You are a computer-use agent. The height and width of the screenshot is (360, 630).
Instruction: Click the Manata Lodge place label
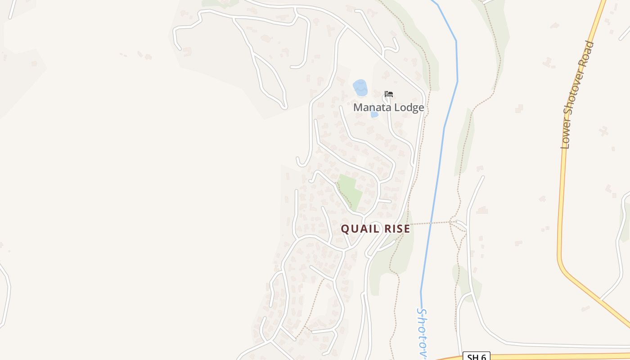click(388, 108)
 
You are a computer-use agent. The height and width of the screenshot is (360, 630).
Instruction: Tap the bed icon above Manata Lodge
click(389, 94)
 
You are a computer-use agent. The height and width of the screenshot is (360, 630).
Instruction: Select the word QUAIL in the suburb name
click(357, 229)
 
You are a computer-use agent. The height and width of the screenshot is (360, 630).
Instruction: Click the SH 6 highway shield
click(476, 357)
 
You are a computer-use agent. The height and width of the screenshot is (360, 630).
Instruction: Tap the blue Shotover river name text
click(422, 333)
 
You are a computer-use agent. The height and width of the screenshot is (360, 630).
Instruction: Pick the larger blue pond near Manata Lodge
click(360, 87)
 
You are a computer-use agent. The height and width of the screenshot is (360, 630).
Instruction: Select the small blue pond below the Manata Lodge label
click(374, 115)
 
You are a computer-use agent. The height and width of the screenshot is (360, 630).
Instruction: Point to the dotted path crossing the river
click(430, 223)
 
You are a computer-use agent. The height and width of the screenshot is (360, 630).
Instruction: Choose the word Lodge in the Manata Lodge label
click(408, 108)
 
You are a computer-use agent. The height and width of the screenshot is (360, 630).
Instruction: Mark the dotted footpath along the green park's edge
click(344, 196)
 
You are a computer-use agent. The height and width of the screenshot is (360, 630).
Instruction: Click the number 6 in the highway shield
click(482, 357)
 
